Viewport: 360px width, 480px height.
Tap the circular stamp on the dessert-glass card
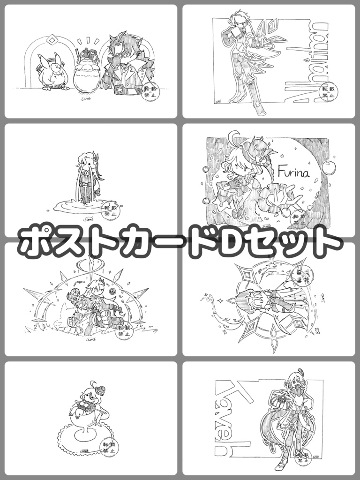pos(110,447)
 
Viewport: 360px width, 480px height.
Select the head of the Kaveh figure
pos(292,378)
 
